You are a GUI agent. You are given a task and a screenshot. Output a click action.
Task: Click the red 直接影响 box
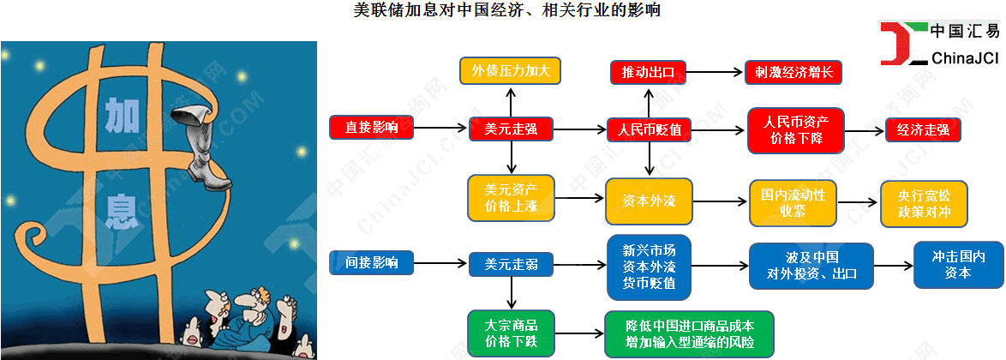click(x=371, y=129)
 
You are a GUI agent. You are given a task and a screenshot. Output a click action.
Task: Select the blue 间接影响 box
click(x=371, y=262)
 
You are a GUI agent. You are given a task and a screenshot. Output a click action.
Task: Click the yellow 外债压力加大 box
click(x=511, y=70)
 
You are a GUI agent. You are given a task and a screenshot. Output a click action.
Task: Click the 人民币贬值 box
click(x=650, y=130)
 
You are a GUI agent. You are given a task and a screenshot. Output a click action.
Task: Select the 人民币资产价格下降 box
click(x=795, y=130)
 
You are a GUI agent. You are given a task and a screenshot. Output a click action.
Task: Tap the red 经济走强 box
click(x=923, y=130)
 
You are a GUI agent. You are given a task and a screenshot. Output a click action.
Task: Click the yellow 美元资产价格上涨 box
click(x=511, y=197)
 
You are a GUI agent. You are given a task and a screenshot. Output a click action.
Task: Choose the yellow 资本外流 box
click(x=649, y=202)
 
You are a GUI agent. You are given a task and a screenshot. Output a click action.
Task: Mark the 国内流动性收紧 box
click(x=792, y=202)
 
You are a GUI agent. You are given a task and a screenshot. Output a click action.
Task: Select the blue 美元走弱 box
click(x=511, y=264)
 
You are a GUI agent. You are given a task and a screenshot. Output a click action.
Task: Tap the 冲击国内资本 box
click(x=957, y=265)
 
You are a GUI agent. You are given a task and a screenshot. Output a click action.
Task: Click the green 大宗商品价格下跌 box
click(x=511, y=334)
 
